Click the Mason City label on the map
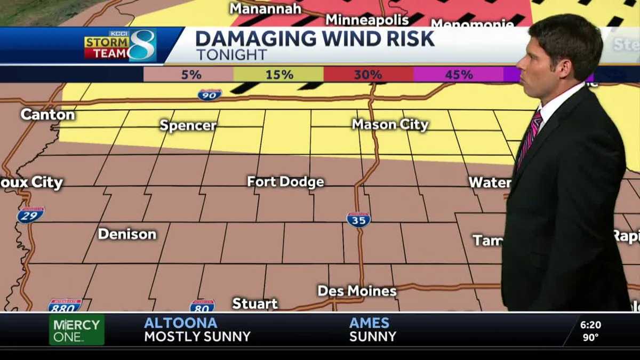click(x=390, y=125)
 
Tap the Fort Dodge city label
click(x=285, y=182)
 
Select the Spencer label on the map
click(x=188, y=125)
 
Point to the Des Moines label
click(x=357, y=291)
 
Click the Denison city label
click(x=127, y=234)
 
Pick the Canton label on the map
click(x=47, y=114)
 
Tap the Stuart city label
click(x=255, y=303)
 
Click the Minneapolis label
click(x=367, y=20)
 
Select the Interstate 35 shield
click(x=358, y=219)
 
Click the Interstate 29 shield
click(x=30, y=214)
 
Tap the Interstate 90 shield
click(x=210, y=94)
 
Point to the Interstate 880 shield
click(x=65, y=306)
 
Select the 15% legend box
click(x=278, y=75)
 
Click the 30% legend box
click(x=369, y=75)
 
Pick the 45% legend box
click(x=458, y=75)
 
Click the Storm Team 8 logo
click(x=120, y=45)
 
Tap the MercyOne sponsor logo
click(x=76, y=330)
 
